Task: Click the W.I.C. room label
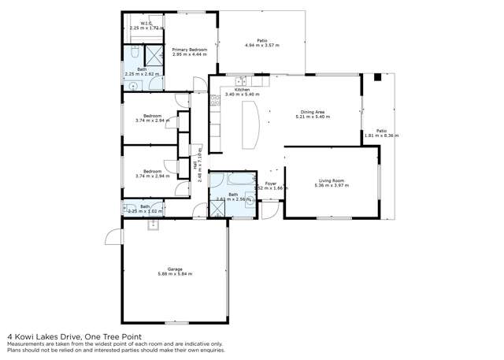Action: click(x=146, y=24)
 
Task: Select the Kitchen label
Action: click(x=242, y=90)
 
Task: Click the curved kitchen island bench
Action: click(x=253, y=127)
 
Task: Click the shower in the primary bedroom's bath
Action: click(x=154, y=54)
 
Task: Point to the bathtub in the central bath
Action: click(x=232, y=178)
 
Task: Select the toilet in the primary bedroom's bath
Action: click(x=134, y=54)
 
